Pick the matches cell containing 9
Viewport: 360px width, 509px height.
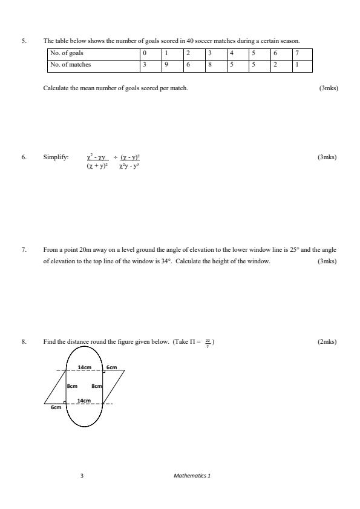(x=166, y=64)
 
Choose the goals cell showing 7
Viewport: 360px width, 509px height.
(x=296, y=53)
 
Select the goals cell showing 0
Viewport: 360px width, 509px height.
(x=145, y=53)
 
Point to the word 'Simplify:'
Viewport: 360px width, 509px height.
(x=56, y=157)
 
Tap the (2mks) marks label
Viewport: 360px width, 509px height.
(x=327, y=342)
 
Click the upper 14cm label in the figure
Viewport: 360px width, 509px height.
(x=84, y=367)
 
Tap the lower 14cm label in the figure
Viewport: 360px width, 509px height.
(x=84, y=401)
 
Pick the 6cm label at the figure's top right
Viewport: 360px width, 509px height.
(x=112, y=367)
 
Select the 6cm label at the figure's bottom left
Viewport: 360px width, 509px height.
(x=56, y=408)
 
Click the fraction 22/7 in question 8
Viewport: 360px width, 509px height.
(x=208, y=343)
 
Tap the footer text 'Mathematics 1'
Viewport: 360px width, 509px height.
(x=192, y=476)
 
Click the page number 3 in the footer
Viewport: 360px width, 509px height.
(x=82, y=476)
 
